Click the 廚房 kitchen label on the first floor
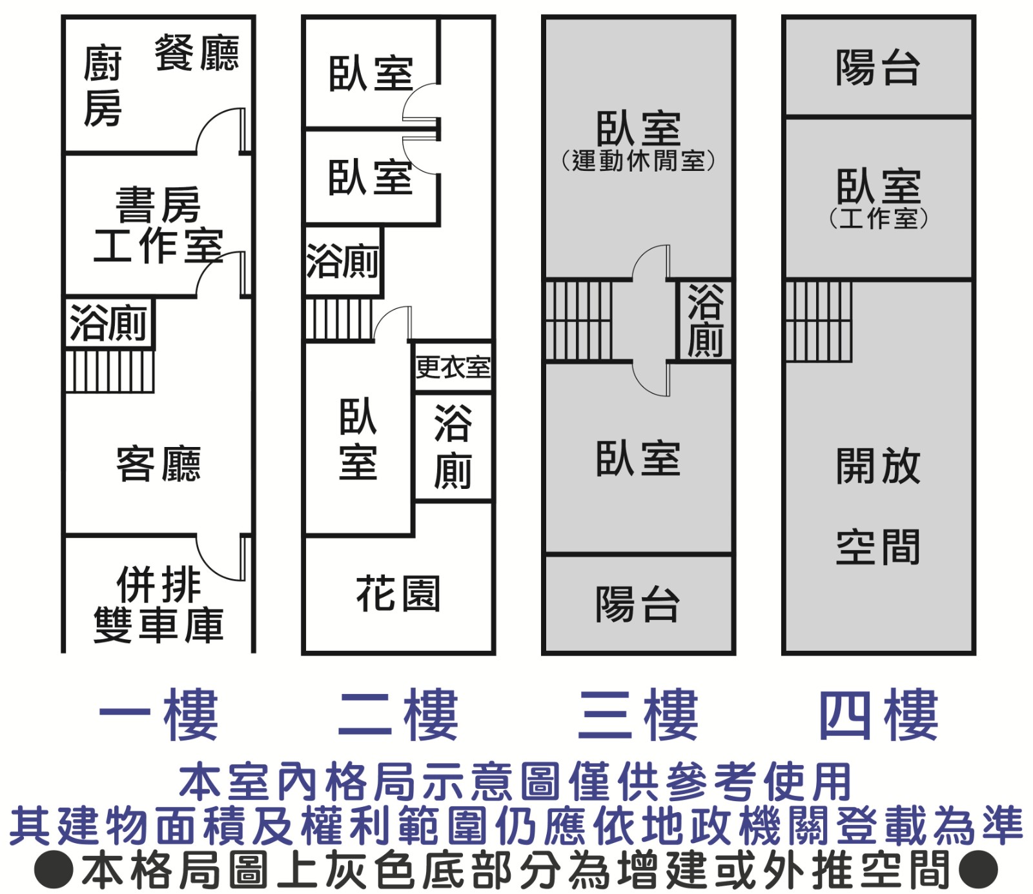click(x=103, y=85)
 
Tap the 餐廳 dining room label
click(x=196, y=53)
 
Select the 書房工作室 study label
click(x=158, y=225)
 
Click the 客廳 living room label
click(x=158, y=464)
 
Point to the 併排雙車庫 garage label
click(x=158, y=604)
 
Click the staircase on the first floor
click(x=110, y=371)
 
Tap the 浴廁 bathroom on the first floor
click(x=108, y=323)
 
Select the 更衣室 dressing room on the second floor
click(x=453, y=368)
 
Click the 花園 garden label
click(x=398, y=593)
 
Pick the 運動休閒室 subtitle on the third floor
click(x=638, y=161)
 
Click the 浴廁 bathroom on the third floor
click(x=704, y=321)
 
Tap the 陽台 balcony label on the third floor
click(x=637, y=604)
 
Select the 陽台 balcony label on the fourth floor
click(x=877, y=67)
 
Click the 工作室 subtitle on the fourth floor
click(x=878, y=218)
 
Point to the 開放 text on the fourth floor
click(x=877, y=465)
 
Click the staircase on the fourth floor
click(x=819, y=321)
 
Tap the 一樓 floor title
click(x=158, y=715)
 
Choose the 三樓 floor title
click(x=638, y=715)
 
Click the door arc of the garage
click(x=220, y=559)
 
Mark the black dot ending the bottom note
click(x=978, y=869)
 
